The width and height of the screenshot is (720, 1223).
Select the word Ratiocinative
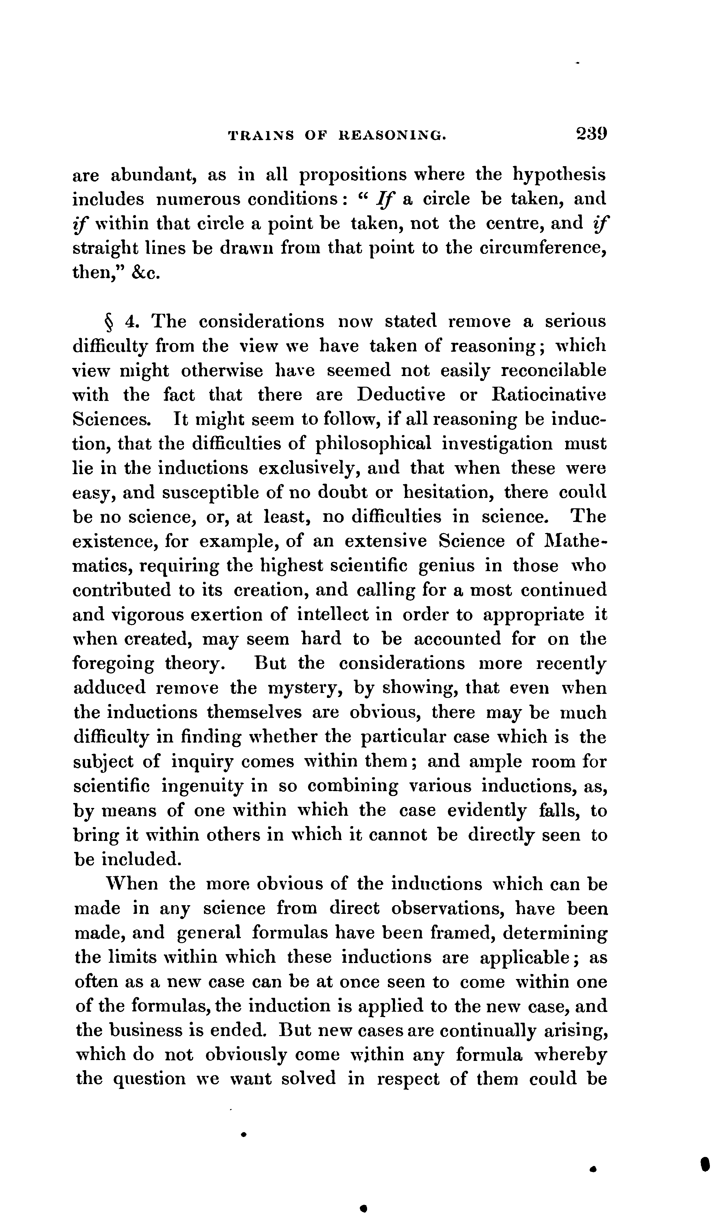[549, 395]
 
